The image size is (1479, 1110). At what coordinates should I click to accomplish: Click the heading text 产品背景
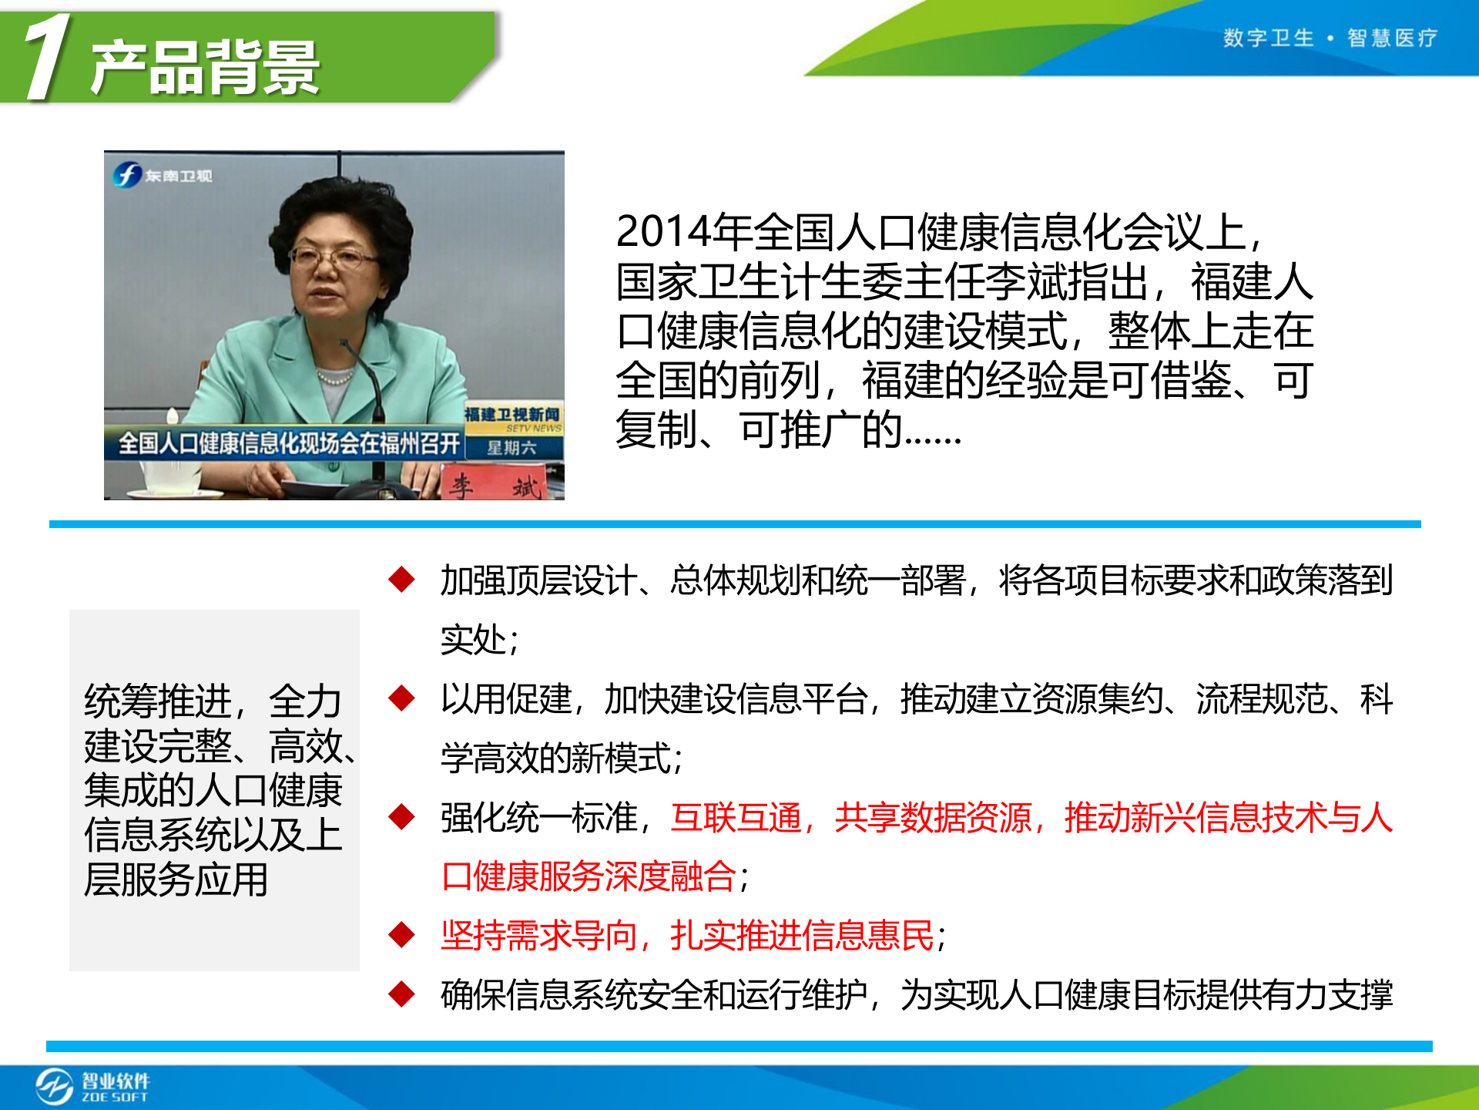click(x=204, y=68)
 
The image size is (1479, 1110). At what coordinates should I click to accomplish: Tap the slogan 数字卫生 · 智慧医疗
click(x=1330, y=38)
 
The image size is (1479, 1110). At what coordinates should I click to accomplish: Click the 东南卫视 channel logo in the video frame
click(x=163, y=175)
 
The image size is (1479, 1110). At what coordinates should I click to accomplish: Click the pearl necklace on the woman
click(x=334, y=378)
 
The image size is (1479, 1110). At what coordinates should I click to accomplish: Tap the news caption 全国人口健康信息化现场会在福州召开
click(x=289, y=443)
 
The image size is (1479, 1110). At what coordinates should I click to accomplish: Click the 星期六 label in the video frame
click(x=511, y=448)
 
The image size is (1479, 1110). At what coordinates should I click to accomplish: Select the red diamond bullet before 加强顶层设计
click(x=402, y=580)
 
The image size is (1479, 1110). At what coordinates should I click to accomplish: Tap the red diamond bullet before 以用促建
click(x=402, y=698)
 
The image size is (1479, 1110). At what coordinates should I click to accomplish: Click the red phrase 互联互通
click(x=736, y=817)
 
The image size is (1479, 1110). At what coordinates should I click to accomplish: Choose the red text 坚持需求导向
click(x=538, y=936)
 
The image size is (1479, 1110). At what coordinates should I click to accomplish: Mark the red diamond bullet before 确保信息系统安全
click(x=402, y=994)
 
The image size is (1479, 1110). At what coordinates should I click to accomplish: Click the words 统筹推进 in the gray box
click(x=158, y=701)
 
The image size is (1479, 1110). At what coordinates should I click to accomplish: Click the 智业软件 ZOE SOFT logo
click(x=92, y=1087)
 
